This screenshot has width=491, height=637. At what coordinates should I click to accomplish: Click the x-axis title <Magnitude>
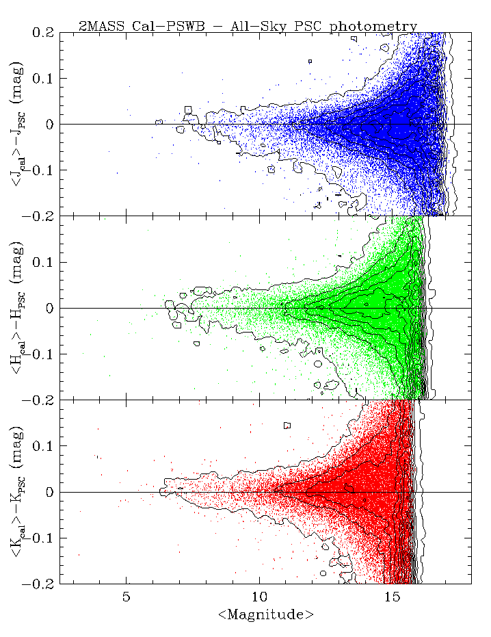tap(265, 615)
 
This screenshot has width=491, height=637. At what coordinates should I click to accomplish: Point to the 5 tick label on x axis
tap(127, 597)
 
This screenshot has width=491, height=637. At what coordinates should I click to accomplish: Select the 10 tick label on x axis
tap(259, 597)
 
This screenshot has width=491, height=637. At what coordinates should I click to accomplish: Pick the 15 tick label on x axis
tap(392, 597)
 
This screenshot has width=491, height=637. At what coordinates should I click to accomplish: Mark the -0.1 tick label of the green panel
tap(40, 354)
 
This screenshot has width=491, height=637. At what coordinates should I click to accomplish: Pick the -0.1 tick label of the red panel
tap(40, 538)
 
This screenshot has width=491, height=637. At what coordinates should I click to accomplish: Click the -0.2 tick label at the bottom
tap(40, 584)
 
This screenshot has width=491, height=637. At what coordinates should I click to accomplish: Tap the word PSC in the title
tap(310, 27)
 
